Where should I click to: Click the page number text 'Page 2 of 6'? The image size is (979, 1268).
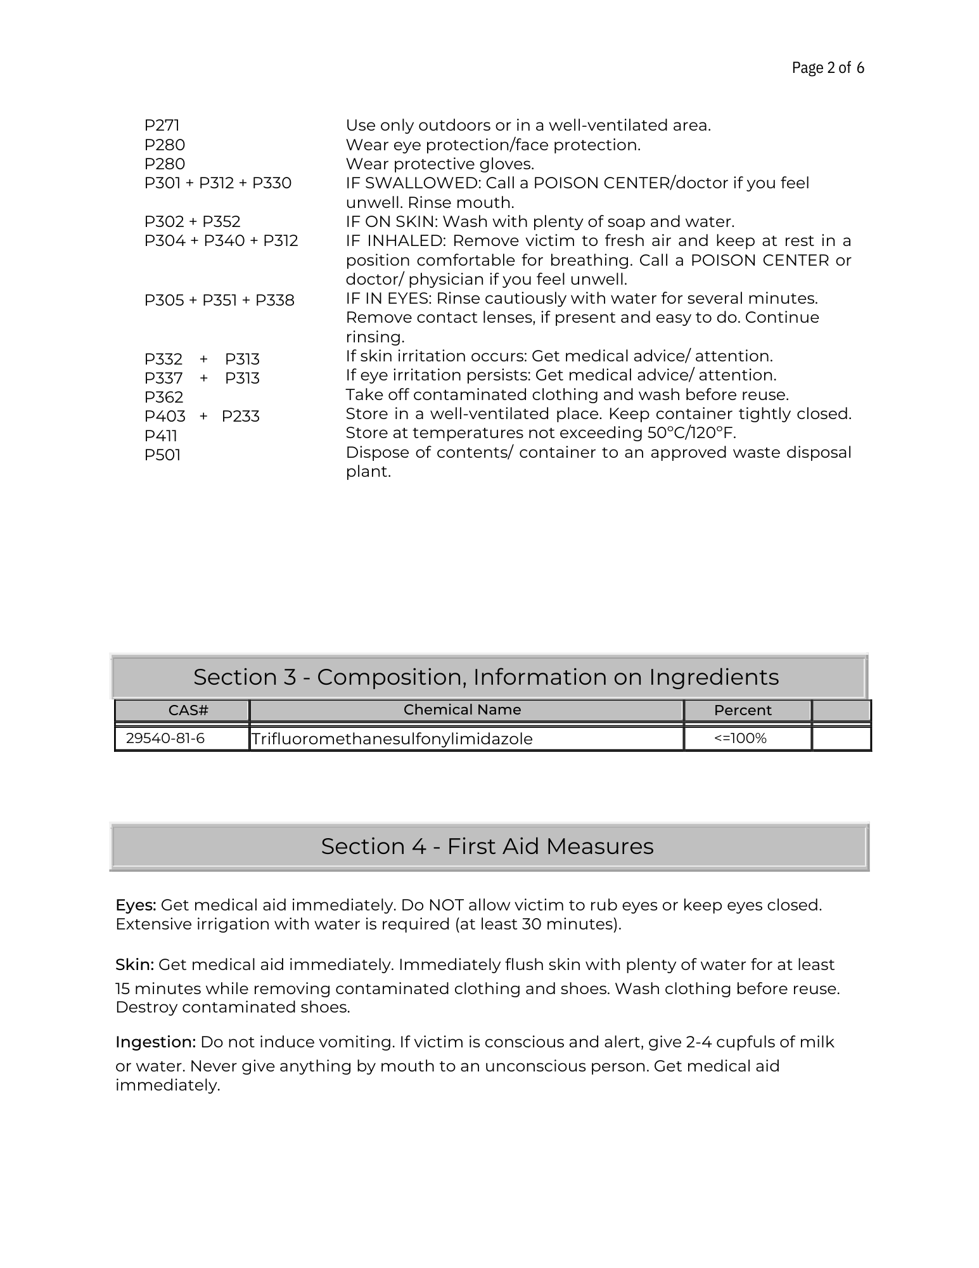click(x=828, y=68)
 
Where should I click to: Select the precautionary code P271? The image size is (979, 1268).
click(x=162, y=126)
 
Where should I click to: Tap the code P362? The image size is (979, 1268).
click(x=163, y=398)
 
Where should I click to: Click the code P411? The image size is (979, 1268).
click(x=160, y=436)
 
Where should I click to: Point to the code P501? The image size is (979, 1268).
click(x=162, y=455)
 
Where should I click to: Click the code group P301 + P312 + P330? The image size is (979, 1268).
click(x=217, y=183)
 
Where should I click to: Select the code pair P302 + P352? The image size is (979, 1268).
click(x=192, y=222)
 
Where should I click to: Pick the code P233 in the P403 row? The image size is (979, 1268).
click(x=240, y=417)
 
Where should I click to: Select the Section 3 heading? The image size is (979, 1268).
click(x=486, y=677)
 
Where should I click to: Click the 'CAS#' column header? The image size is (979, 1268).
click(x=188, y=711)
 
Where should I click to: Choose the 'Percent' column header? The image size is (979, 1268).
click(x=743, y=711)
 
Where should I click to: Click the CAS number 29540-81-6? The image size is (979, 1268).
click(x=165, y=739)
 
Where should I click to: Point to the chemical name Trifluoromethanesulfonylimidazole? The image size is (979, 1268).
click(x=392, y=739)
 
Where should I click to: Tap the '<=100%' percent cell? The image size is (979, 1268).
click(x=740, y=739)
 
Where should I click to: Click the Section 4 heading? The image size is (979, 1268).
click(x=487, y=846)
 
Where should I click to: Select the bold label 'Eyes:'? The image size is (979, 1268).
click(x=136, y=905)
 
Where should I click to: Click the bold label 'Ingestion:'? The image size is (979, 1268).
click(x=155, y=1042)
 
